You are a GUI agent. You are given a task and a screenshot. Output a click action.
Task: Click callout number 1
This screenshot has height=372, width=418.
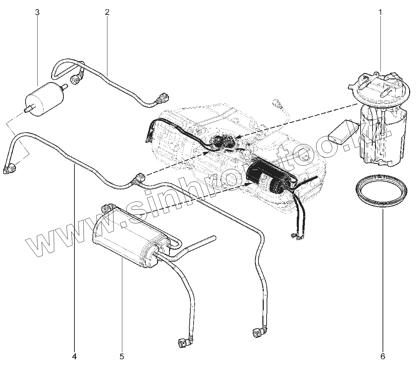tap(380, 12)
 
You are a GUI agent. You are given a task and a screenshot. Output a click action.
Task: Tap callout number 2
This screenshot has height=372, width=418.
tap(107, 12)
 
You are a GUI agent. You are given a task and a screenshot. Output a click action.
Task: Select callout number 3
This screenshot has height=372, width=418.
tap(37, 12)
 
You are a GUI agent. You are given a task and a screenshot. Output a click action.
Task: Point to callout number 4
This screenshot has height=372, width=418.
tap(74, 356)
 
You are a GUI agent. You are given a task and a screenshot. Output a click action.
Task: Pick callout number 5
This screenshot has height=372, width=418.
tap(122, 356)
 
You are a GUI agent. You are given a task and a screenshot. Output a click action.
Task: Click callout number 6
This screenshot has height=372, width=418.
tap(383, 356)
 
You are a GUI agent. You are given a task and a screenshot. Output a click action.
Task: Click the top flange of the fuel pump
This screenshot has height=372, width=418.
tap(379, 87)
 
